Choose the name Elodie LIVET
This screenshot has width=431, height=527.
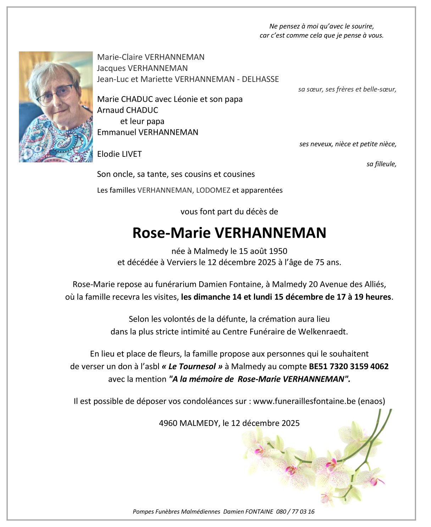point(119,154)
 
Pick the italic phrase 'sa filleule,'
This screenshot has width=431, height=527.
point(381,164)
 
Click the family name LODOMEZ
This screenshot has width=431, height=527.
point(213,190)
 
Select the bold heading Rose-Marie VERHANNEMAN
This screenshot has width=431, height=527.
point(229,233)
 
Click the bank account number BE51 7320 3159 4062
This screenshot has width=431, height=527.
point(349,366)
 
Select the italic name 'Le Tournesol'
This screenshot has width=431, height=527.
point(192,366)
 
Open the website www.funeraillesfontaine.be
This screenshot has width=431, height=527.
point(304,401)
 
